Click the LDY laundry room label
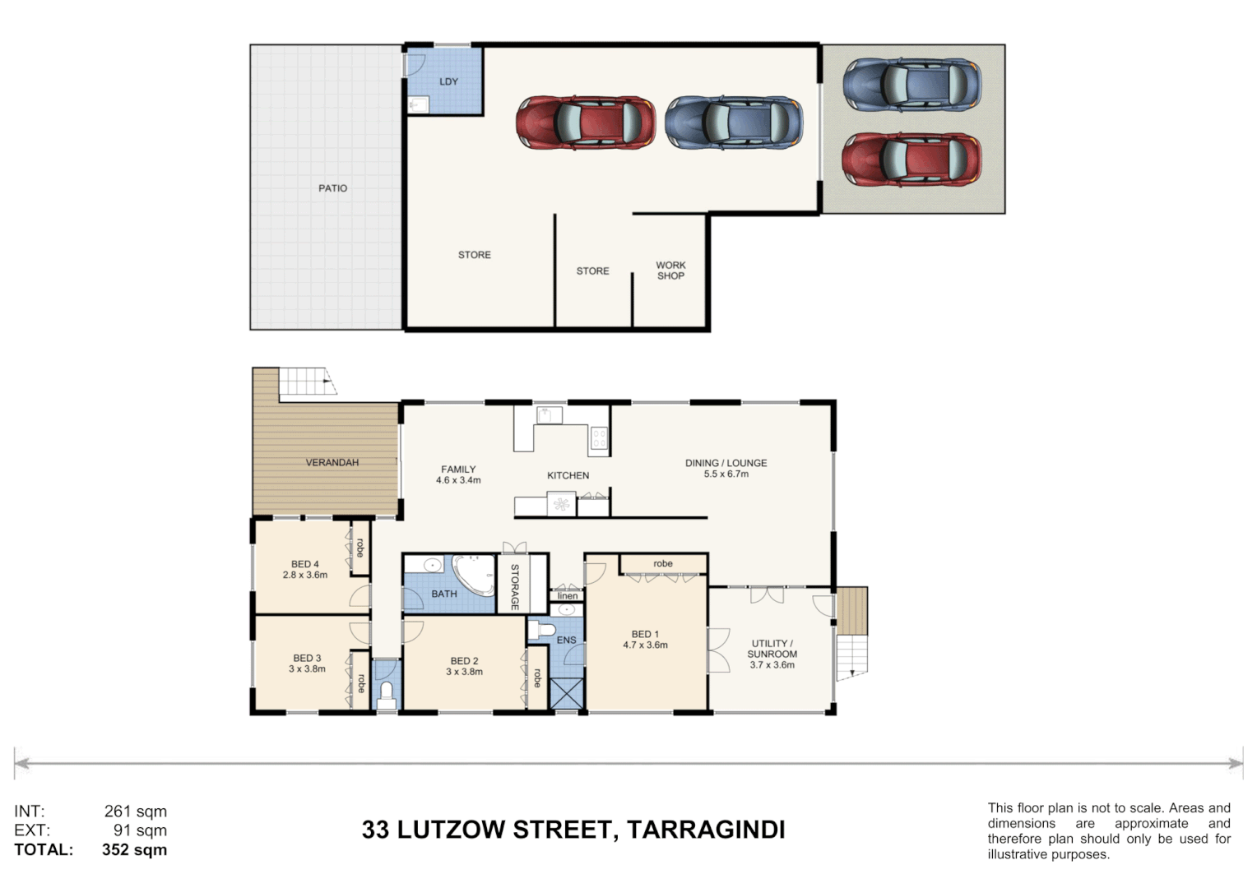click(448, 81)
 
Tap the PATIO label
click(332, 188)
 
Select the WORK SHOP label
click(670, 271)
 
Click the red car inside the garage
click(585, 123)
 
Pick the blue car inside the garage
click(734, 123)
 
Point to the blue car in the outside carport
click(911, 84)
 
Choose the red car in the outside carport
click(911, 160)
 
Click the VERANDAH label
click(332, 463)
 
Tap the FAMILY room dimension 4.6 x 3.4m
click(458, 480)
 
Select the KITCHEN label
click(568, 475)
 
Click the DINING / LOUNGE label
click(726, 463)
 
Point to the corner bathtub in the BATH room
click(473, 573)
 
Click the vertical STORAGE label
click(515, 586)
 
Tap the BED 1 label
click(645, 634)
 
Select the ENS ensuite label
click(566, 640)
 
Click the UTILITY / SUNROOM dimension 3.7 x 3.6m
click(772, 665)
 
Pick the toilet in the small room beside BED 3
click(386, 695)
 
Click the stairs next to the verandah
click(308, 382)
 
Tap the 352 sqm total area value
click(134, 850)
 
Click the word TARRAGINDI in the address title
click(706, 830)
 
